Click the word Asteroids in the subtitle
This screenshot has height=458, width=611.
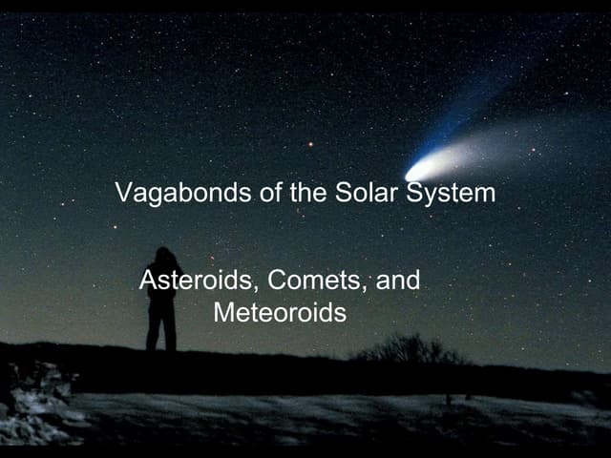[x=200, y=281]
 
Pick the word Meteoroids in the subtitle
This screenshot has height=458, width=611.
[x=279, y=312]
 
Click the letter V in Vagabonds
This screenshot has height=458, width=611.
[x=122, y=193]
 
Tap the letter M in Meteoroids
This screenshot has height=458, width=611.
[x=222, y=312]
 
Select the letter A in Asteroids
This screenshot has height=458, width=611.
[x=147, y=281]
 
